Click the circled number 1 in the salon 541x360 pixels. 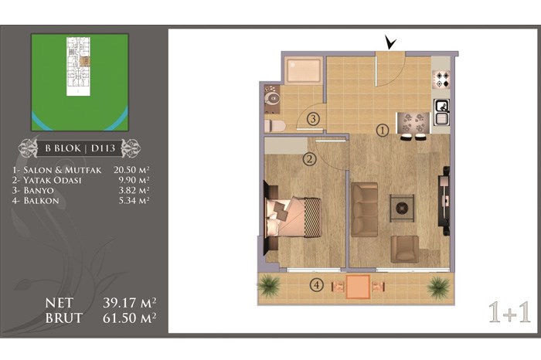click(x=383, y=131)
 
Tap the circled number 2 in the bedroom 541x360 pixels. click(x=309, y=159)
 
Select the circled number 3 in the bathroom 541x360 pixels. click(x=313, y=119)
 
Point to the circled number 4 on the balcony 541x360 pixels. click(x=316, y=285)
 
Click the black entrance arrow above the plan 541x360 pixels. click(x=390, y=43)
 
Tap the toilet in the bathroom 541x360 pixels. click(x=274, y=126)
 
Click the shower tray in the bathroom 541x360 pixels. click(x=304, y=70)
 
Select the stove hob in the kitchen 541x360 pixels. click(x=441, y=80)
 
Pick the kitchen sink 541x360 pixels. click(x=441, y=113)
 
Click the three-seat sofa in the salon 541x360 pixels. click(x=365, y=209)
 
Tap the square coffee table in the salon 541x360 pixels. click(x=402, y=208)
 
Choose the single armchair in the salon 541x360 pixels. click(x=405, y=249)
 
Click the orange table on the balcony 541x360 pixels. click(x=358, y=287)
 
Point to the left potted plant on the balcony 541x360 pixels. click(x=269, y=286)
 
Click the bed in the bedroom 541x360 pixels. click(x=293, y=217)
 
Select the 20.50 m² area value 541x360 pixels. click(x=131, y=170)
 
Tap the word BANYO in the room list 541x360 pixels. click(x=39, y=190)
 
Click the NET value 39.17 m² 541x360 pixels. click(x=129, y=303)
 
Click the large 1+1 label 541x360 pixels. click(x=509, y=312)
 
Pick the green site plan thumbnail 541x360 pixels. click(x=80, y=82)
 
